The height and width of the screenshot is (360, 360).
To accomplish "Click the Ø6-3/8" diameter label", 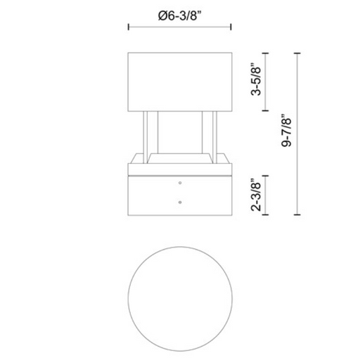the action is point(180,16).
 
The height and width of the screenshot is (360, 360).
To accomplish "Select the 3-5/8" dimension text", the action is point(256,79).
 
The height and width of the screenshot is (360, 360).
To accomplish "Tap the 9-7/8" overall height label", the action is point(286,131).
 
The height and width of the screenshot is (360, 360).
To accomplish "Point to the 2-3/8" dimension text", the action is point(256,195).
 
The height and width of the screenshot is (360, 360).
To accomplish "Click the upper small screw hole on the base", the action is point(180,183).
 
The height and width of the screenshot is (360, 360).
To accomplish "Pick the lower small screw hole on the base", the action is point(180,202).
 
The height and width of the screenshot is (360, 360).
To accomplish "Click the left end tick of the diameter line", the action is point(129,27).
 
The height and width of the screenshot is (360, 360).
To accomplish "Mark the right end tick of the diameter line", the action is point(231,27).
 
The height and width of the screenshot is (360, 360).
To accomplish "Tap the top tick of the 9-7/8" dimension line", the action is point(297,53).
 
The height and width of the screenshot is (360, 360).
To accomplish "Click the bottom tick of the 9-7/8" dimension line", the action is point(297,214).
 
